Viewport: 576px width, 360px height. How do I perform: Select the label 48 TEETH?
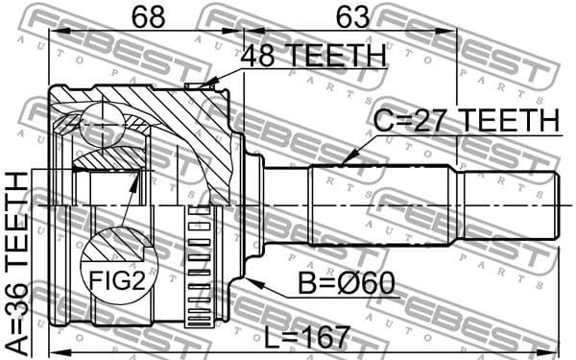tap(312, 57)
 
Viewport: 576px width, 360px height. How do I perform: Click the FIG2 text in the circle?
tap(118, 281)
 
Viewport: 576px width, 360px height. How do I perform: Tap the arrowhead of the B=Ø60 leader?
tap(252, 280)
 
